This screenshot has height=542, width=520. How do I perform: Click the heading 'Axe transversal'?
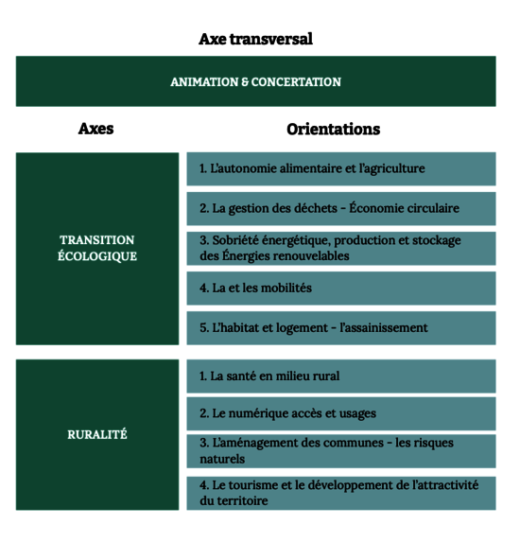[255, 39]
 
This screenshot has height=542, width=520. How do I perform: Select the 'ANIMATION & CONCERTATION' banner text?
[255, 82]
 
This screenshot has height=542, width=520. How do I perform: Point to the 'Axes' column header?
[96, 129]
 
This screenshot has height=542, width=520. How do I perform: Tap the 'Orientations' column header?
[334, 129]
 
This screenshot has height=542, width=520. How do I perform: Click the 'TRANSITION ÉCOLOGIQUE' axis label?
[97, 248]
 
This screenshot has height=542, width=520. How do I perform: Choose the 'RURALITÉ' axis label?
[97, 434]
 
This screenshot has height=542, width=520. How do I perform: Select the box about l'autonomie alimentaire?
[341, 168]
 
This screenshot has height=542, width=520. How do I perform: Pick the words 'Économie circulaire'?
[405, 208]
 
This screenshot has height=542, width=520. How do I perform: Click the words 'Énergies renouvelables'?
[286, 255]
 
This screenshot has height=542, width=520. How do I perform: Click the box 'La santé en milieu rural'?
[341, 376]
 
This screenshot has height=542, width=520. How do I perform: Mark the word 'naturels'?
[222, 459]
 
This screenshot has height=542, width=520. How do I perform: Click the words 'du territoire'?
[234, 500]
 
